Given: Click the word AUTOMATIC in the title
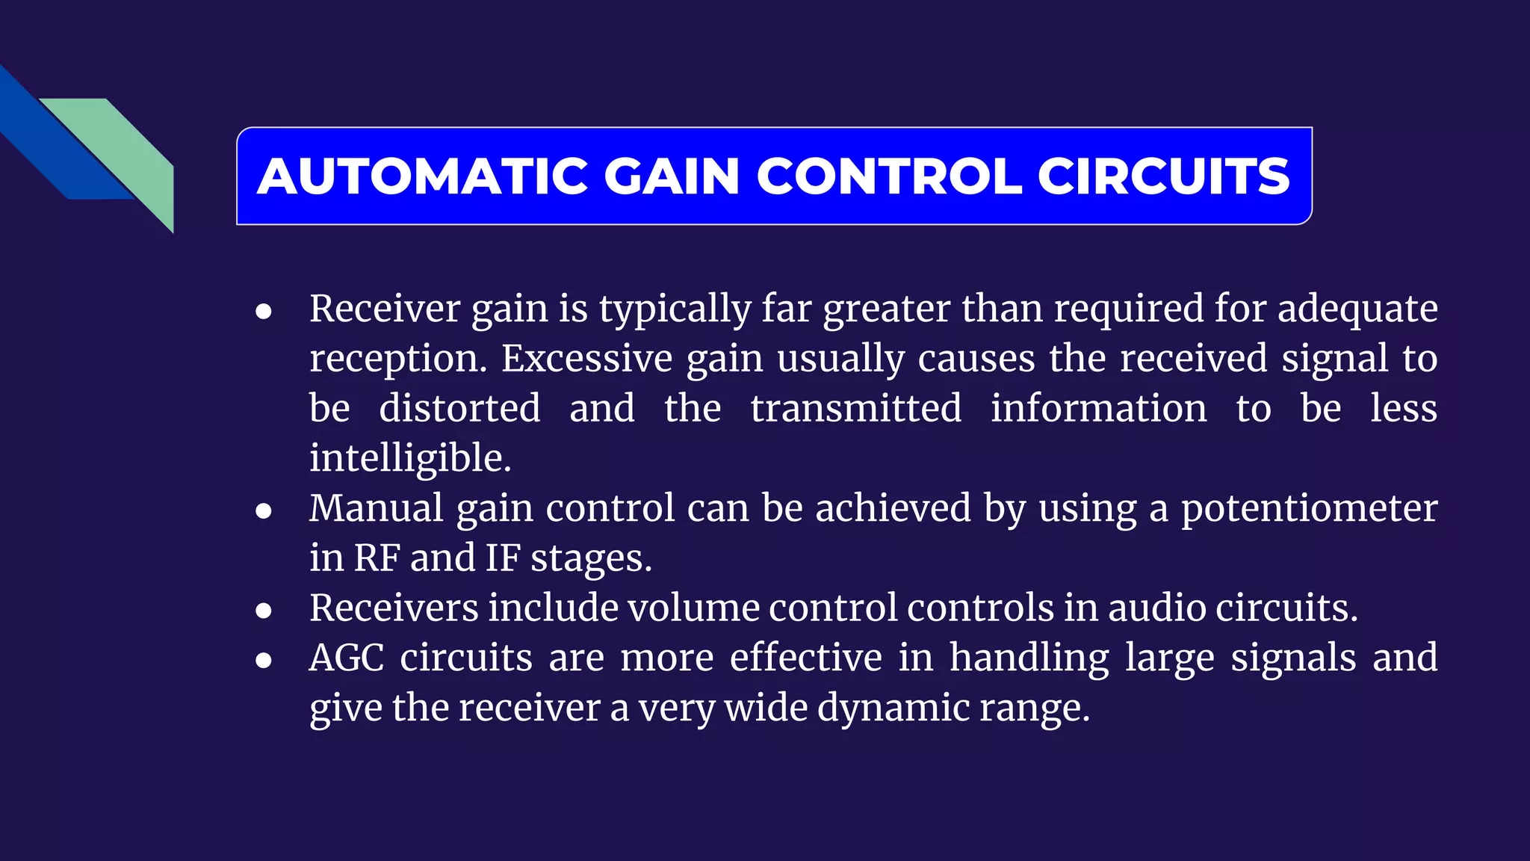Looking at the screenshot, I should tap(423, 176).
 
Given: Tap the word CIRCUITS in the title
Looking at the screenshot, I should tap(1163, 176).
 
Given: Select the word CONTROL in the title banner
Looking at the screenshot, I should tap(888, 176).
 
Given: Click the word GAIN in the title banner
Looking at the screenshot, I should tap(671, 176).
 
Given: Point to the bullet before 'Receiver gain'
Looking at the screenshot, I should tap(263, 311).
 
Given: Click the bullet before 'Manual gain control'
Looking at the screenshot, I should tap(263, 511).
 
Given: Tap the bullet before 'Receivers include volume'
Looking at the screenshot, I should tap(263, 611).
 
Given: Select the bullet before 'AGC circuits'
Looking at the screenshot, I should tap(263, 661).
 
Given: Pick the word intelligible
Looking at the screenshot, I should tap(410, 458).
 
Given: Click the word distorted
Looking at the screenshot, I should tap(459, 408).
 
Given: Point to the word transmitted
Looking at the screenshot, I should tap(856, 408).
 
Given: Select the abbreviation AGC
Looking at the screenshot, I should tap(347, 658).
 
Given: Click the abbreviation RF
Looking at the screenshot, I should tap(377, 558).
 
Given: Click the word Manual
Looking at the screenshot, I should tap(377, 508).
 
